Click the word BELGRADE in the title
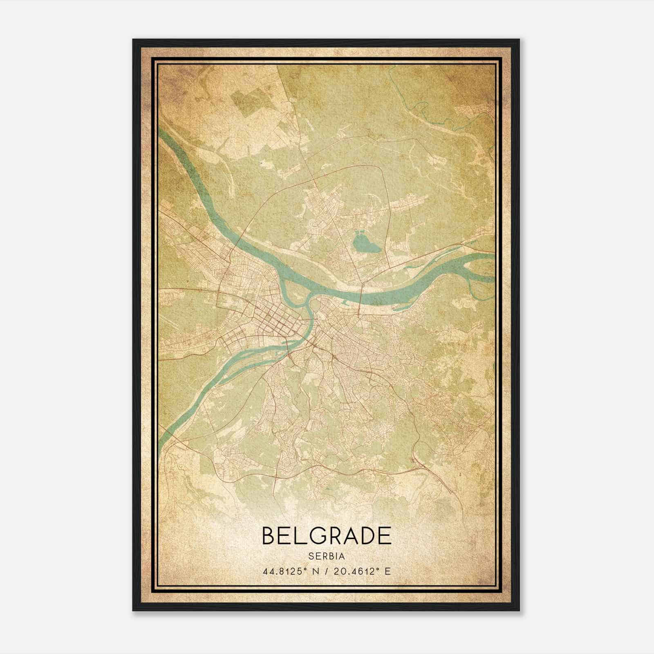click(326, 535)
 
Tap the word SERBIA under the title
click(326, 556)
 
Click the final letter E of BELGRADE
click(385, 535)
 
